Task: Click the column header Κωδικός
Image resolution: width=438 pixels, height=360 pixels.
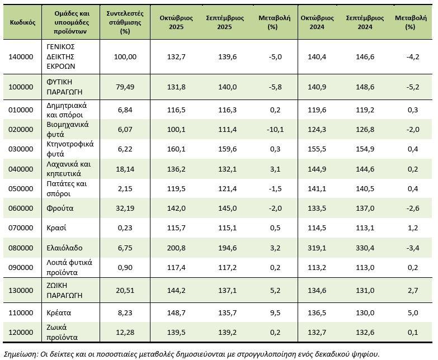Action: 23,22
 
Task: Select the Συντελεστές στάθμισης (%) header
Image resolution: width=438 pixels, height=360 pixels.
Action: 125,22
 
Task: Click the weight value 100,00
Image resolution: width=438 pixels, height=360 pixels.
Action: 125,56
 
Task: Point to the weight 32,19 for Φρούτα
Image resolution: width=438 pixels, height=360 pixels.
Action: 125,208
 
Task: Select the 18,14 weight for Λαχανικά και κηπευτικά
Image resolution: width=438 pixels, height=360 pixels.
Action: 125,169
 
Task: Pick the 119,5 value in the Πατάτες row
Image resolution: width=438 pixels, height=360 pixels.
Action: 180,188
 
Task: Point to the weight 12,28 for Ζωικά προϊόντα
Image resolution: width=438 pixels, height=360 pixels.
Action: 125,332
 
